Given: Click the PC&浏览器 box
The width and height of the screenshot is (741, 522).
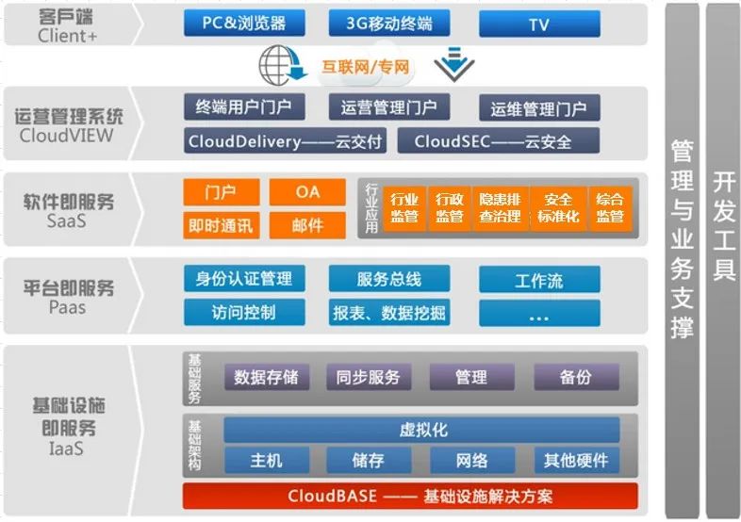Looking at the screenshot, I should (243, 24).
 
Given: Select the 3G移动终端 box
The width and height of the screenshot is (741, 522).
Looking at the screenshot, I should (389, 24).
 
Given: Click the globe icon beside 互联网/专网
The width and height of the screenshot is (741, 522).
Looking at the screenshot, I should (279, 67).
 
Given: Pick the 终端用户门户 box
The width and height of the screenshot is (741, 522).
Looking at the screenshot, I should (243, 106).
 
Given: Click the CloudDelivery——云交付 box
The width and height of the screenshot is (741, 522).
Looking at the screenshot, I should (285, 141).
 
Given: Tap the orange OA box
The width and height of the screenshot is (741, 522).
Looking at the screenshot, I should (307, 192).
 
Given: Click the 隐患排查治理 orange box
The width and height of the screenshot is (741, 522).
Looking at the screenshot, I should (500, 207).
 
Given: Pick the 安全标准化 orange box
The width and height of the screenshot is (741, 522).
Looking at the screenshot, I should (558, 207).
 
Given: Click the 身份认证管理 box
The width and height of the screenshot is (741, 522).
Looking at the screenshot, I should (243, 278).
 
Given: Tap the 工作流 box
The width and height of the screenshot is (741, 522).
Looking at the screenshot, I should (538, 280).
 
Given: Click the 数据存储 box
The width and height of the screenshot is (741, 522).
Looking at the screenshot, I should (266, 377).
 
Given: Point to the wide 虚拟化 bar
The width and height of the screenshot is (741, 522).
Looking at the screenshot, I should (422, 430).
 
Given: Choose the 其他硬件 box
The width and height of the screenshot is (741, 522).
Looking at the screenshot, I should (576, 461).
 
